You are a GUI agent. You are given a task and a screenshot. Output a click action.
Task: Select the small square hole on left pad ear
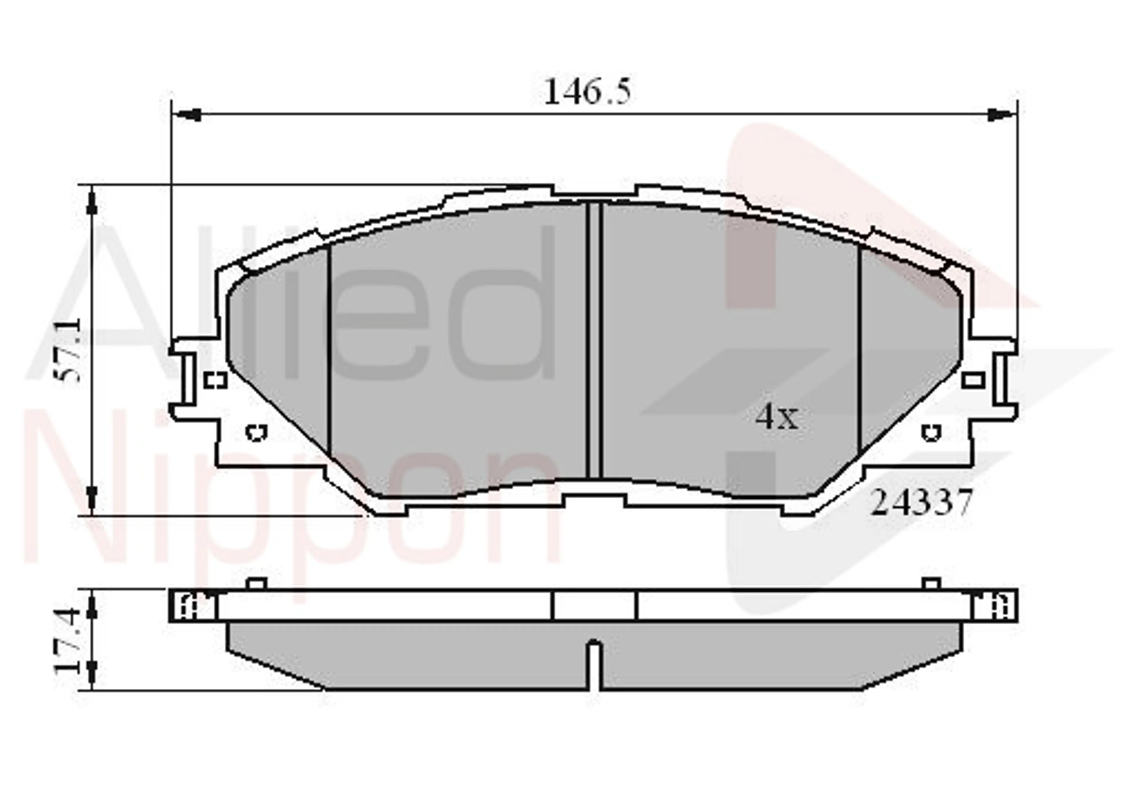click(215, 380)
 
